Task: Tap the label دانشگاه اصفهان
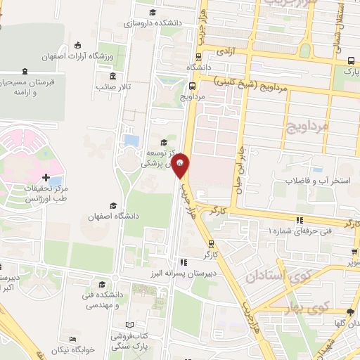click(x=110, y=217)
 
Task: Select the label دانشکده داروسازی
click(x=153, y=23)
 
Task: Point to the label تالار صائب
click(x=115, y=87)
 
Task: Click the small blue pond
click(x=131, y=141)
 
